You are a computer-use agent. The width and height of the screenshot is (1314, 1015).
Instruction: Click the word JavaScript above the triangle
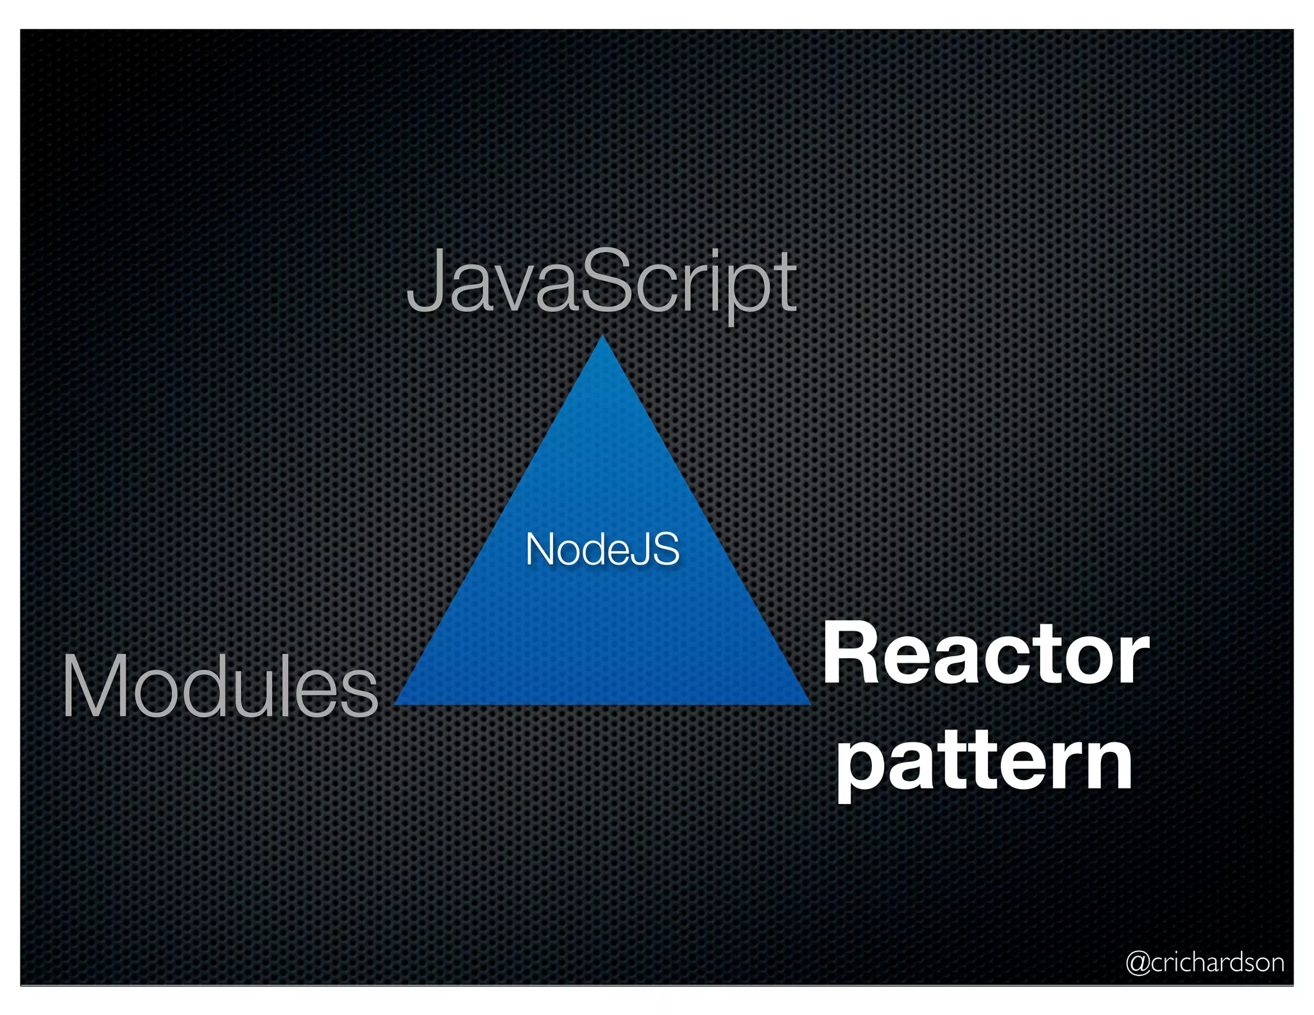(602, 282)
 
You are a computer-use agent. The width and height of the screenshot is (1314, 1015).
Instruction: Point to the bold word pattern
(985, 763)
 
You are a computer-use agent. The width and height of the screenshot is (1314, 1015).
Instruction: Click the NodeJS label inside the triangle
(602, 550)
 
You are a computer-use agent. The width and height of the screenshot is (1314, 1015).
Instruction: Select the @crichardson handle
(1205, 962)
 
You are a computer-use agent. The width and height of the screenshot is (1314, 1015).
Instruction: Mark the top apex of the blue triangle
(602, 337)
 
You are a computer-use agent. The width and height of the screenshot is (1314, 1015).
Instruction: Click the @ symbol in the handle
(1138, 963)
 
